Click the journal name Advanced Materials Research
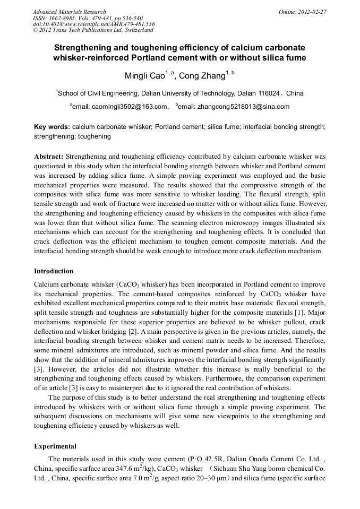(69, 12)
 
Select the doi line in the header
(93, 24)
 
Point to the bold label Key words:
(52, 128)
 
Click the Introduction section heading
(54, 271)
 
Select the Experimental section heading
(55, 446)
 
